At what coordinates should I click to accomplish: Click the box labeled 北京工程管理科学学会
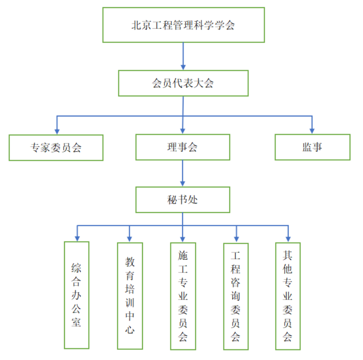pos(183,25)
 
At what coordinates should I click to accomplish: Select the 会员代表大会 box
pos(183,83)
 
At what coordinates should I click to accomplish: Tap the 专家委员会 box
pos(56,148)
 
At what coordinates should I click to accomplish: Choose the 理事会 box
pos(183,147)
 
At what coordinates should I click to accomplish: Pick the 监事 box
pos(312,147)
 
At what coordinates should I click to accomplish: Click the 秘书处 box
pos(183,200)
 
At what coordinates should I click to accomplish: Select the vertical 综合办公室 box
pos(77,295)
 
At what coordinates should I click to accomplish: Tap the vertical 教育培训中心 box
pos(130,296)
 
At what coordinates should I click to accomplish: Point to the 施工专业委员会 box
pos(183,296)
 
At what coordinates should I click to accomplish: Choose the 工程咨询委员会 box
pos(236,296)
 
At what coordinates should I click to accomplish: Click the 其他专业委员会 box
pos(288,296)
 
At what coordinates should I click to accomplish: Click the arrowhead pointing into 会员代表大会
pos(183,67)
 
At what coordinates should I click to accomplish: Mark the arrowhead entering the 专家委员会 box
pos(57,131)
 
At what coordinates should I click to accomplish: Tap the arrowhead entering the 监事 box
pos(312,131)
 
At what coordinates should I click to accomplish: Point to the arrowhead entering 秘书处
pos(183,183)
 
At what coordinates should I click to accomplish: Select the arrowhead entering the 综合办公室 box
pos(77,238)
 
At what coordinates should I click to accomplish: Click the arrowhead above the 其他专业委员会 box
pos(288,239)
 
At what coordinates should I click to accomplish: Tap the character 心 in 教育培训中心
pos(130,329)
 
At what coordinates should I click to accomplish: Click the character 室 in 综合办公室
pos(76,322)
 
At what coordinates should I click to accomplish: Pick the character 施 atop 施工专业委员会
pos(183,256)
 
